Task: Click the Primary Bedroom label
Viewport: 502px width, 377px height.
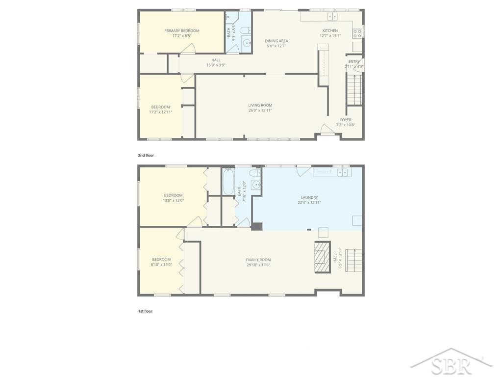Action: (x=181, y=31)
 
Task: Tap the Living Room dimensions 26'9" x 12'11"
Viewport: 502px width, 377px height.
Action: (x=260, y=110)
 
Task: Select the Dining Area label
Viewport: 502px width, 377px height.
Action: (x=276, y=41)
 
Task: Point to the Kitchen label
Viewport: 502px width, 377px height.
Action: (x=330, y=31)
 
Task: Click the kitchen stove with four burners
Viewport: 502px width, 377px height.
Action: (x=357, y=34)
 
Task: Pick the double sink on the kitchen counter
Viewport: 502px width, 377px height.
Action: (x=332, y=16)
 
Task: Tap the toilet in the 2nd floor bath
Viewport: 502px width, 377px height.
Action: (x=246, y=30)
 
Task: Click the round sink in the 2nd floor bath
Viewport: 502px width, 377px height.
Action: (x=247, y=43)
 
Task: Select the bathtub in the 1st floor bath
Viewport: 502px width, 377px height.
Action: (x=228, y=182)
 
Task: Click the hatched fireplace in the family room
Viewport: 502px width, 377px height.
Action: (x=322, y=257)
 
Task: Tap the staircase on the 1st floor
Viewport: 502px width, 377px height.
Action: (x=353, y=260)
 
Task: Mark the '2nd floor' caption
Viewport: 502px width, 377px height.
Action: (x=146, y=156)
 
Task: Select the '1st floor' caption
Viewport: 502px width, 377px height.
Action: (x=145, y=311)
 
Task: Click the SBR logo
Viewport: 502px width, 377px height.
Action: (x=452, y=363)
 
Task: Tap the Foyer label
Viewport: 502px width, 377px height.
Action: (x=346, y=120)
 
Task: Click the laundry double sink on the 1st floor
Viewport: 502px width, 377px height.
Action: (x=342, y=172)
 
